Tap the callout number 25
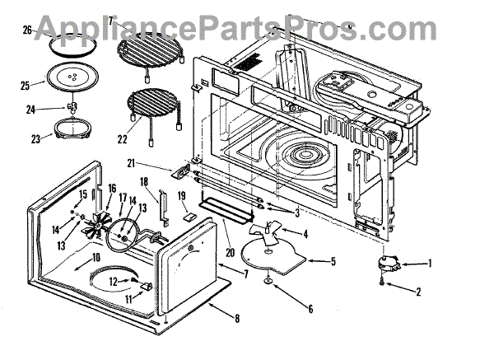pyautogui.click(x=24, y=85)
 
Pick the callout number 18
pyautogui.click(x=143, y=181)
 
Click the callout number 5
pyautogui.click(x=333, y=262)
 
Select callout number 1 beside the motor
pyautogui.click(x=429, y=264)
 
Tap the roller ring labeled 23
pyautogui.click(x=72, y=130)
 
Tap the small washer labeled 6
pyautogui.click(x=270, y=283)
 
